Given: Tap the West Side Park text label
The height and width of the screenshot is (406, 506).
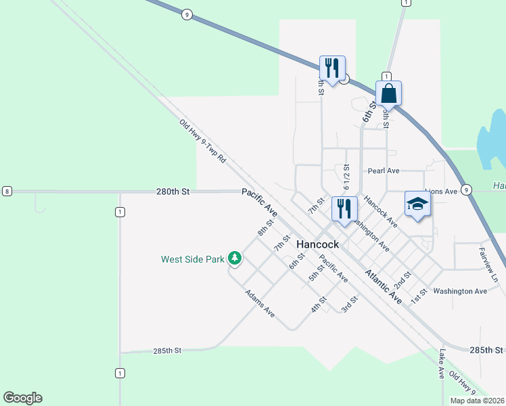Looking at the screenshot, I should (192, 258).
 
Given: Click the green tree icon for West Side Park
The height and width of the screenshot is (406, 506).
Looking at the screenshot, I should (235, 258).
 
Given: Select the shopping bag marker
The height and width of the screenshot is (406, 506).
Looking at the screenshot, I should (389, 93).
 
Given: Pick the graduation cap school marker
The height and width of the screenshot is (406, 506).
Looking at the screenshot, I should (417, 204).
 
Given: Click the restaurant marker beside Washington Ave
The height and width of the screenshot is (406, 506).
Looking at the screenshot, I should (344, 209).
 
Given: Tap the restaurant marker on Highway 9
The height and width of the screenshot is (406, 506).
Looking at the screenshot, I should (332, 68).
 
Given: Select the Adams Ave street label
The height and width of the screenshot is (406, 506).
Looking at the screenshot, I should (260, 304).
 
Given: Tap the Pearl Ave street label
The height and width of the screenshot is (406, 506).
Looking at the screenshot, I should (384, 171).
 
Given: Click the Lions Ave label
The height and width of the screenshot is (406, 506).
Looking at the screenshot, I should (442, 191).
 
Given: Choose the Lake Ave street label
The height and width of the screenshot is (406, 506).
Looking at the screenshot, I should (441, 363).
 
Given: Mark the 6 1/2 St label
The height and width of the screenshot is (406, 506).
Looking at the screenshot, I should (346, 177).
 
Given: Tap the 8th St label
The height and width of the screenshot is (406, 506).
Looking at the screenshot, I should (265, 227).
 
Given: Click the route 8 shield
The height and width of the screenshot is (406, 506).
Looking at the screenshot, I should (6, 191).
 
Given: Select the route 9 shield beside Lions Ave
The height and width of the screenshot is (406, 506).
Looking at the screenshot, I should (467, 189).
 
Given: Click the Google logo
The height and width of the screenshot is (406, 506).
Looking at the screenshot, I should (22, 398).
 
